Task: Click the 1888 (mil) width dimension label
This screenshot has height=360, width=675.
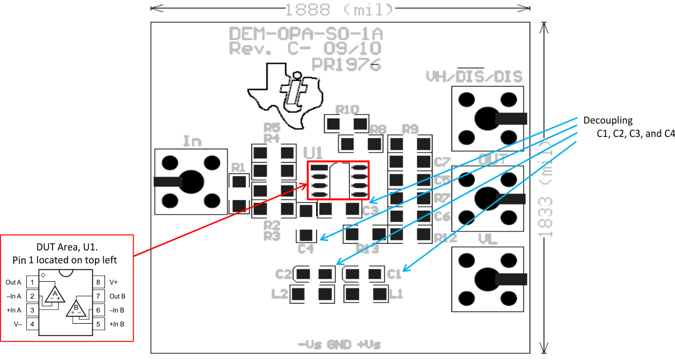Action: click(340, 9)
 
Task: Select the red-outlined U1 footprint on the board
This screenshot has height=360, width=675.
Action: click(338, 180)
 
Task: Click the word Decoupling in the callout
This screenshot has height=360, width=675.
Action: click(608, 120)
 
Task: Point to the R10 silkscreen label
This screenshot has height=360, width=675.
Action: click(347, 109)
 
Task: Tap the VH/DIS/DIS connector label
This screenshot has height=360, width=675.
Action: click(474, 76)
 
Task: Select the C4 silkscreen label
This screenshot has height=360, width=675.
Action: click(306, 248)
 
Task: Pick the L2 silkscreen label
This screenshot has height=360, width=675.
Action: click(280, 293)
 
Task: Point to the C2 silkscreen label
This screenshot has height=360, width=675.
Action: click(284, 274)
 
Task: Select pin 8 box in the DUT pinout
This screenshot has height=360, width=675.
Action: click(98, 282)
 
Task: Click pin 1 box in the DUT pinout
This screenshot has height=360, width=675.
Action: click(32, 282)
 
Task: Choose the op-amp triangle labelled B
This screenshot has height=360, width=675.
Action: click(75, 309)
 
